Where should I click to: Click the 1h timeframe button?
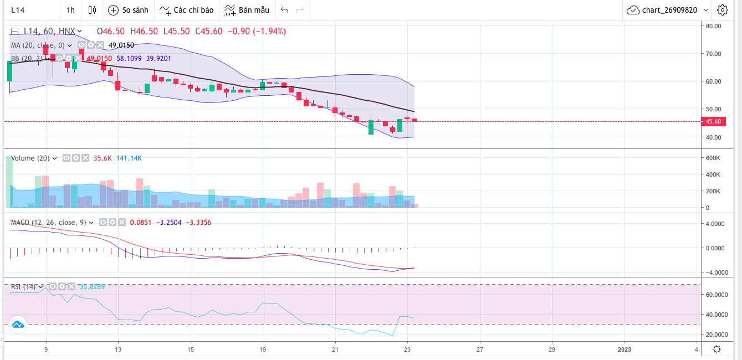coord(70,10)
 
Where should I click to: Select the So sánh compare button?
coord(129,10)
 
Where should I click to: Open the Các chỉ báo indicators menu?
coord(185,10)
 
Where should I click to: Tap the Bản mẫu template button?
coord(247,10)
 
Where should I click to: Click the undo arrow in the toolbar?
coord(285,10)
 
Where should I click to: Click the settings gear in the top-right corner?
coord(723,10)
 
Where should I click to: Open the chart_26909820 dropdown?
coord(667,10)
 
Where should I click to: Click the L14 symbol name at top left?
coord(18,10)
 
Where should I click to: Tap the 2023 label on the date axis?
coord(625,349)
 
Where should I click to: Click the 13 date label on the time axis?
coord(118,349)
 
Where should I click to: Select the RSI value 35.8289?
coord(92,287)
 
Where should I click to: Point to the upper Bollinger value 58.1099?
coord(129,58)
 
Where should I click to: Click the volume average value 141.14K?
coord(129,158)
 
